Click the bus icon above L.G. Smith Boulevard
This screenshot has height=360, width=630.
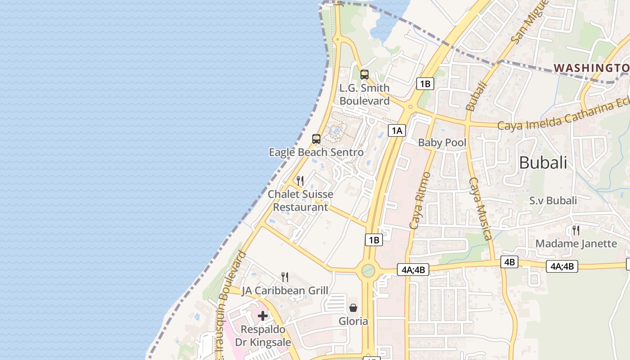(364, 75)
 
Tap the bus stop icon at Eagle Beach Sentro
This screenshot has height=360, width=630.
(316, 139)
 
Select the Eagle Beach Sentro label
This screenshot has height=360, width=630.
(316, 153)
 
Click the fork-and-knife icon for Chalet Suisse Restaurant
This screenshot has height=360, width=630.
(300, 181)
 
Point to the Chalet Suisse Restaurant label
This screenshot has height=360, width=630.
(301, 201)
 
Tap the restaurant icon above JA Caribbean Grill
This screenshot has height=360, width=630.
(284, 277)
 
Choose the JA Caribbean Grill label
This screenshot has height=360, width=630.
(285, 291)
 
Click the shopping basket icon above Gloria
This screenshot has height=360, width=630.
(353, 308)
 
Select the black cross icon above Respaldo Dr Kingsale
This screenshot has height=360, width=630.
(263, 316)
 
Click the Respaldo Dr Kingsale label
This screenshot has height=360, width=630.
(263, 336)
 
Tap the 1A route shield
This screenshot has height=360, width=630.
(396, 131)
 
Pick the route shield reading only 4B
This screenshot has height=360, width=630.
(509, 262)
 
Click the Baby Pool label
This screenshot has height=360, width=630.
(442, 143)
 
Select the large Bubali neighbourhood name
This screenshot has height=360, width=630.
(543, 163)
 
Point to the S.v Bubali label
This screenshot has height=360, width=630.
(553, 201)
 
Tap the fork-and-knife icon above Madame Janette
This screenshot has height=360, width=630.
(576, 230)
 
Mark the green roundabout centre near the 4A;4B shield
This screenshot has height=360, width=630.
(368, 271)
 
